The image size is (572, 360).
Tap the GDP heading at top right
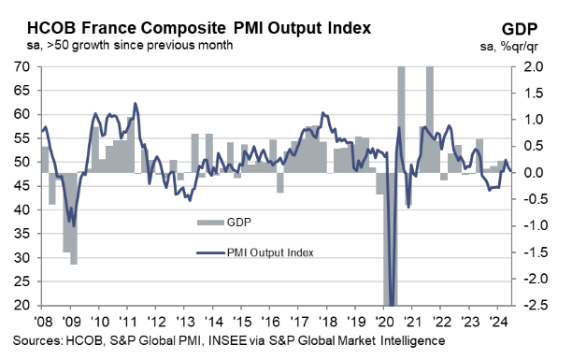click(520, 29)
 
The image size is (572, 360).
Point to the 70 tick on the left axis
click(22, 66)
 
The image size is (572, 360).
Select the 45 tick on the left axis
click(22, 186)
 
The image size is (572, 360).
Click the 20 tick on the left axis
click(22, 305)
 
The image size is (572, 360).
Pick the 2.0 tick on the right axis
click(534, 66)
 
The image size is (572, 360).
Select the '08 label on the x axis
click(43, 322)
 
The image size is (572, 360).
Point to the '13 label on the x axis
click(185, 322)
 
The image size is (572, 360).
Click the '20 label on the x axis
click(384, 322)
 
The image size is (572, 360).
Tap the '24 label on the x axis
click(498, 322)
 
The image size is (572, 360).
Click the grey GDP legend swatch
click(210, 223)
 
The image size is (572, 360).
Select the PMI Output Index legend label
click(270, 252)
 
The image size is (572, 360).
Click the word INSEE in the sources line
click(227, 340)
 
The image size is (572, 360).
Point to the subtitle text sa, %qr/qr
click(508, 47)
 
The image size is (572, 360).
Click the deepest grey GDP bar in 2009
click(74, 218)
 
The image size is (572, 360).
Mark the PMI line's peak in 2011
click(135, 104)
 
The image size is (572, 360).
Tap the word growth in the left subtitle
click(91, 45)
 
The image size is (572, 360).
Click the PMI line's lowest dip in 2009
click(74, 226)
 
